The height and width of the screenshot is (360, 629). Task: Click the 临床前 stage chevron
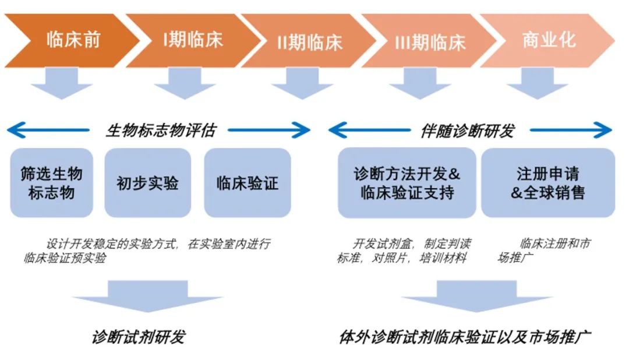tap(73, 40)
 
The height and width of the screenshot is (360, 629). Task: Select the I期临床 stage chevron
tap(192, 40)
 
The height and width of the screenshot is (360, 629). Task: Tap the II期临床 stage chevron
tap(309, 41)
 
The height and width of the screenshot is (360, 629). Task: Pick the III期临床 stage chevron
tap(430, 41)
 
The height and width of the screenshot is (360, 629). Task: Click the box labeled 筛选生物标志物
tap(52, 183)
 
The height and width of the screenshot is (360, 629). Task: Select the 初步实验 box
tap(147, 183)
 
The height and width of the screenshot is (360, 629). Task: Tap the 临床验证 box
tap(247, 183)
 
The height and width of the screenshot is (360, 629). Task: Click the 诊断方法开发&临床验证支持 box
tap(407, 183)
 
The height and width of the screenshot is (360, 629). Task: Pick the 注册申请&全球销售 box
tap(547, 183)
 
